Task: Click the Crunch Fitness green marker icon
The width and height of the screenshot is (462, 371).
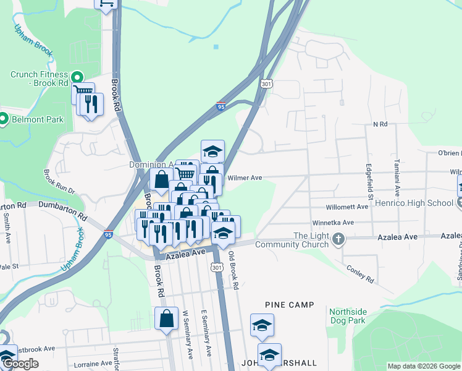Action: point(77,78)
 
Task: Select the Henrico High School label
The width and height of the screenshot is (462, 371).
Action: point(418,203)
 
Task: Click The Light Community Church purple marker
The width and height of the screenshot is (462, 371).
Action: point(338,238)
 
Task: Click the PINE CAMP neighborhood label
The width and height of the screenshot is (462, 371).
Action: point(290,305)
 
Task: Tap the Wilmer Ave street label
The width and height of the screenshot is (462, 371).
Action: point(245,178)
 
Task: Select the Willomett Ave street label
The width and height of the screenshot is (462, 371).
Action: point(348,207)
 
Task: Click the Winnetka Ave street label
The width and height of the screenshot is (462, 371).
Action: point(332,223)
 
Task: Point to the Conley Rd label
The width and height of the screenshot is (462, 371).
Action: point(360,275)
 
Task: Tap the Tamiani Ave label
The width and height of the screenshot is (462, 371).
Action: point(397,176)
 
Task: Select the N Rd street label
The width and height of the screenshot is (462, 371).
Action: point(380,124)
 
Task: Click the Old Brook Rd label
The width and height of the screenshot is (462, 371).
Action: point(233,271)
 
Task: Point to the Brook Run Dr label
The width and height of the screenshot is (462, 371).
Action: point(60,182)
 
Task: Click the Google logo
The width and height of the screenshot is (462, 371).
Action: point(20,364)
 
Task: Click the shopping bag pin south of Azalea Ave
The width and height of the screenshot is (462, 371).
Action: point(167,319)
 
